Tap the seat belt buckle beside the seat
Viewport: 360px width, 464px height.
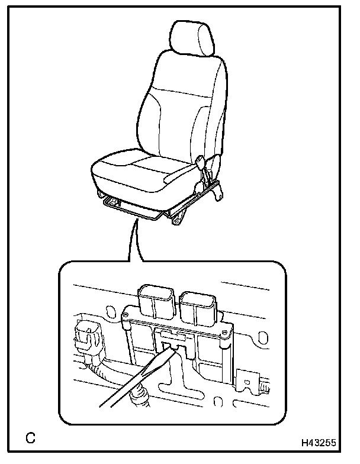click(x=201, y=162)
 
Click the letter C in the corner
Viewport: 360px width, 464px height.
click(x=31, y=438)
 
